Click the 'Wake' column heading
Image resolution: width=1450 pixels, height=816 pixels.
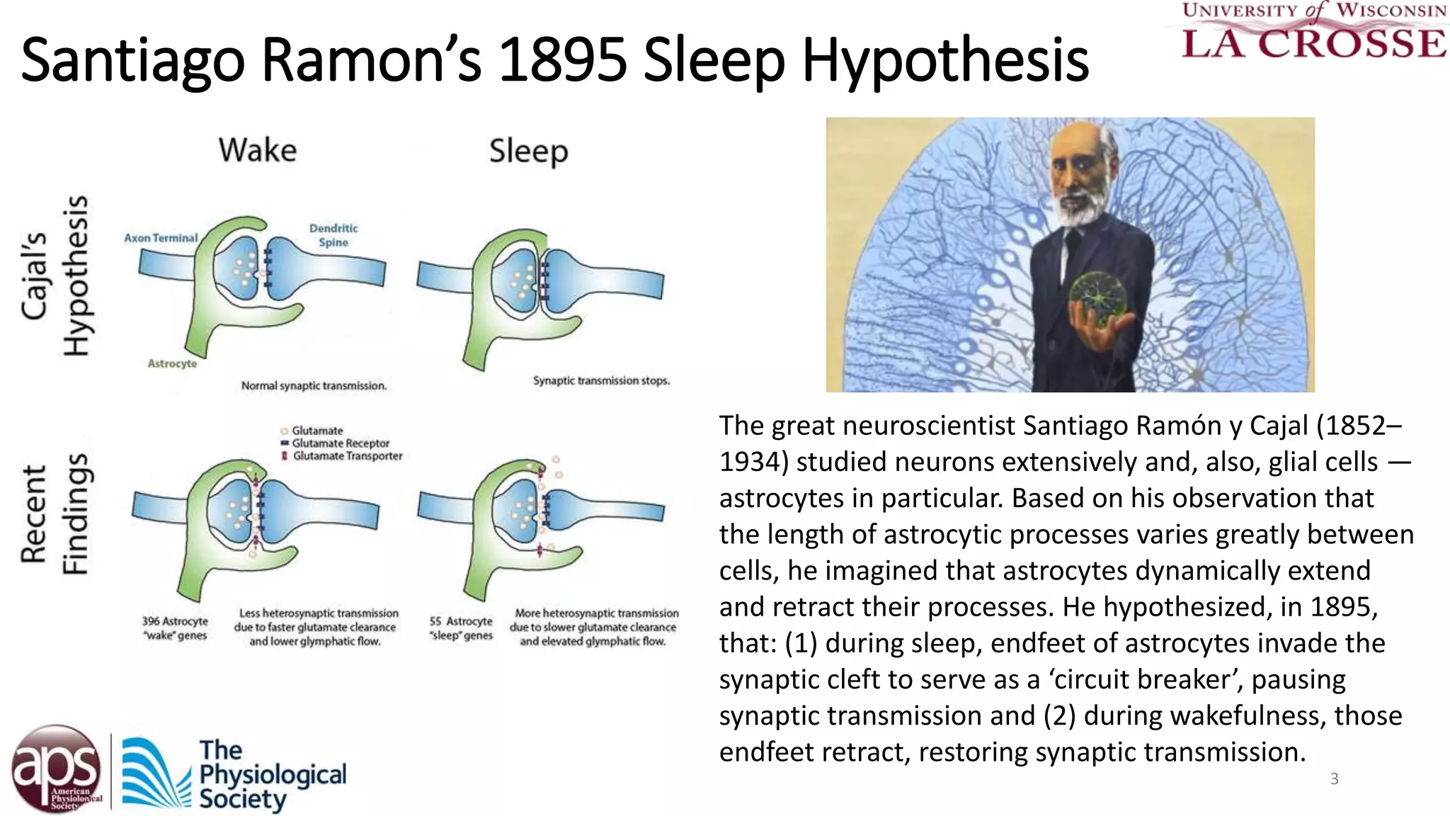pos(258,150)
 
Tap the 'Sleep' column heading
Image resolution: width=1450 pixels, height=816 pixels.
pos(528,152)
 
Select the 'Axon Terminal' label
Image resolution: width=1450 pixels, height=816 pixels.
pos(161,238)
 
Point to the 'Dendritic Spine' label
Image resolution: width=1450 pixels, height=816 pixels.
pos(333,235)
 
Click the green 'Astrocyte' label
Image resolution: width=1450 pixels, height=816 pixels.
pos(172,363)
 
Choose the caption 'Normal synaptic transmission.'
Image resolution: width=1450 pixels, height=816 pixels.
pos(314,386)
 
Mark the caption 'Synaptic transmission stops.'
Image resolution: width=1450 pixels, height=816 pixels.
pos(601,380)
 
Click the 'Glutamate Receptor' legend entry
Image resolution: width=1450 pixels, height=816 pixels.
pos(340,443)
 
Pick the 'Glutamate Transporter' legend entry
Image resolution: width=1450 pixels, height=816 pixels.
pos(347,456)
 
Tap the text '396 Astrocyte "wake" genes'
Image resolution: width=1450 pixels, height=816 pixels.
pos(175,628)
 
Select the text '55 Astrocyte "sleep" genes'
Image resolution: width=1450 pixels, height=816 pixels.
pos(461,628)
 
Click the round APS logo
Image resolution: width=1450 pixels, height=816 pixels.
pos(56,769)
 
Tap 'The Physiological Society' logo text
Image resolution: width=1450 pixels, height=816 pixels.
pos(272,775)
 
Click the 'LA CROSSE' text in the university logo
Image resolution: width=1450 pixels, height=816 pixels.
pos(1314,43)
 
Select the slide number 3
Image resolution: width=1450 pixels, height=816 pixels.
pos(1335,779)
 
